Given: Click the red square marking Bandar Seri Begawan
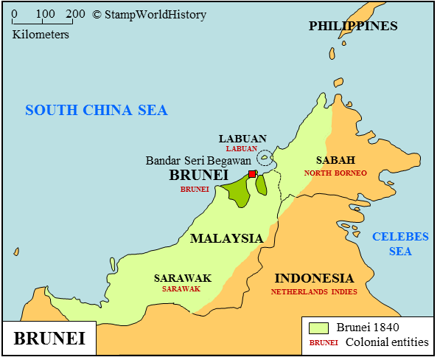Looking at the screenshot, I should (252, 174).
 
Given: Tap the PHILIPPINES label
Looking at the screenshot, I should (353, 27).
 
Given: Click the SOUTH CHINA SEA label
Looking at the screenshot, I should (97, 111).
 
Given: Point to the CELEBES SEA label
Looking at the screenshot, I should (400, 243).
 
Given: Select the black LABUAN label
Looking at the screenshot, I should (242, 139).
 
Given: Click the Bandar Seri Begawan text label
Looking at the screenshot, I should (198, 160).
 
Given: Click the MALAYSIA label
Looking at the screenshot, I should (226, 238).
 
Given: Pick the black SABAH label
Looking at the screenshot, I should (335, 160).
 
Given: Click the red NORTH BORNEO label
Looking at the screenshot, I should (335, 173).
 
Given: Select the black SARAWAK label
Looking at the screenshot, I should (182, 278).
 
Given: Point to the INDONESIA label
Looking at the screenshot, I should (314, 279).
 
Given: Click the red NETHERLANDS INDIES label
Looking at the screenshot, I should (314, 291).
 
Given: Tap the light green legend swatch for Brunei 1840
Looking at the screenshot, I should (319, 327).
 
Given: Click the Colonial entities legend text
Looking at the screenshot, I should (387, 342).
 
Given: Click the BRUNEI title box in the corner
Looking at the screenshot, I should (49, 340).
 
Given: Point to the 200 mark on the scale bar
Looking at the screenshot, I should (74, 14).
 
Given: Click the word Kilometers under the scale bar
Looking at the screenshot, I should (41, 34).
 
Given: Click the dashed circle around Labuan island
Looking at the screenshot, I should (264, 157).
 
